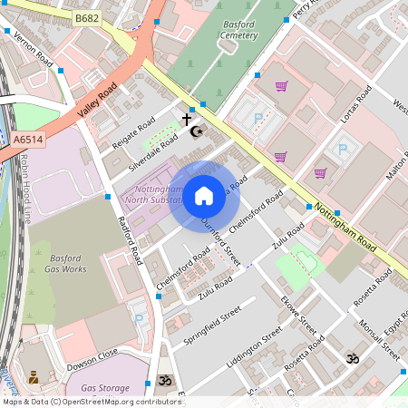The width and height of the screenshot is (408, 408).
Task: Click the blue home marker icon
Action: [x=204, y=195]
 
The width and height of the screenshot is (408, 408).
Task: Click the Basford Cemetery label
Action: [x=238, y=30]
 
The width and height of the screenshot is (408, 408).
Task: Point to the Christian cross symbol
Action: [x=188, y=119]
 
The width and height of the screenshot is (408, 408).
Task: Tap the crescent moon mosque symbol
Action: [x=196, y=131]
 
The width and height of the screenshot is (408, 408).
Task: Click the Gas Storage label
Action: [x=105, y=387]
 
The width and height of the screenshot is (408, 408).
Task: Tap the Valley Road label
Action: [x=97, y=101]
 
